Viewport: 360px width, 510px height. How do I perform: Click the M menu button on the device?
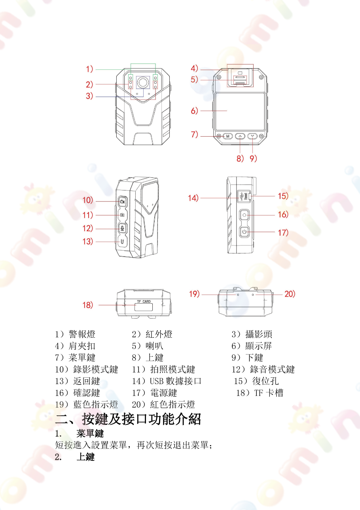pos(227,136)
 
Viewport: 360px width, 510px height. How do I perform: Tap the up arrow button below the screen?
pos(240,136)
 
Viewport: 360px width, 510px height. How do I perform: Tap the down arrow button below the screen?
pos(252,136)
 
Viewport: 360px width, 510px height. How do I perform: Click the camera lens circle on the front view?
pos(143,82)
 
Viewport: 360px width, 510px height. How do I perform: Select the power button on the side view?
pos(244,232)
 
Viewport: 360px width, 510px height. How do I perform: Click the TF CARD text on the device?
pos(144,301)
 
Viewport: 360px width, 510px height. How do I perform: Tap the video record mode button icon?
pos(122,202)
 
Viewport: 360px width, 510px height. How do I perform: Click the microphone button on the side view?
pos(122,228)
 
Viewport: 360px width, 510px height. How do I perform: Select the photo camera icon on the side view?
pos(122,215)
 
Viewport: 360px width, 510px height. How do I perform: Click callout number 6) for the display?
pos(194,111)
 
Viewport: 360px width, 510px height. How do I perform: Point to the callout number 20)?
pos(290,294)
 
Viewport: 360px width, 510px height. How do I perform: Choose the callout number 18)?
pos(88,305)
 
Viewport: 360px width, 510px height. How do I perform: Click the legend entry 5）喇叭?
pos(148,346)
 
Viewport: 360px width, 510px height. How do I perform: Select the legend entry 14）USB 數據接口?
pos(167,381)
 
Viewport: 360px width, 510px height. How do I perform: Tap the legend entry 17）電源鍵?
pos(154,393)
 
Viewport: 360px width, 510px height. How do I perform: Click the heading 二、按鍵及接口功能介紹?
pos(128,419)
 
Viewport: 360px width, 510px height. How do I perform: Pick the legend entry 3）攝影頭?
pos(252,334)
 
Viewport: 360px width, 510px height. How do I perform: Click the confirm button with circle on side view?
pos(244,215)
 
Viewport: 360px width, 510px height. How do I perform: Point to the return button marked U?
pos(122,242)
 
